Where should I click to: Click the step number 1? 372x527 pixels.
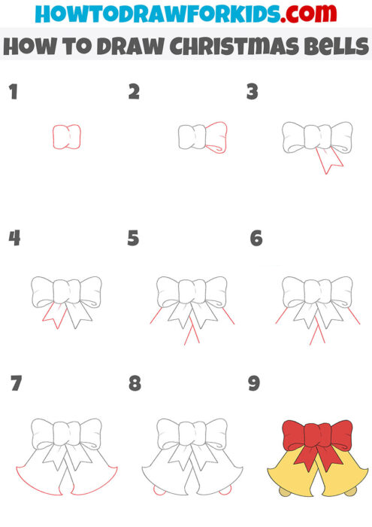pos(12,93)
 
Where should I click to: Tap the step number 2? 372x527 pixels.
pos(134,93)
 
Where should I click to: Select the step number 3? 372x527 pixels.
pos(253,93)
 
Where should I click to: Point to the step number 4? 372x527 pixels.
pos(14,239)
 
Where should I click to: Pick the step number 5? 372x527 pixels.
pos(134,239)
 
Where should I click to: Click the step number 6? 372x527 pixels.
pos(256,239)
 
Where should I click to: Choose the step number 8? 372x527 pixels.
pos(135,384)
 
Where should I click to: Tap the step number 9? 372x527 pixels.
pos(254,384)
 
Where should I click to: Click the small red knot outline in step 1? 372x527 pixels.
pos(66,137)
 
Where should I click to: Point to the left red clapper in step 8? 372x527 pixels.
pos(157,491)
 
